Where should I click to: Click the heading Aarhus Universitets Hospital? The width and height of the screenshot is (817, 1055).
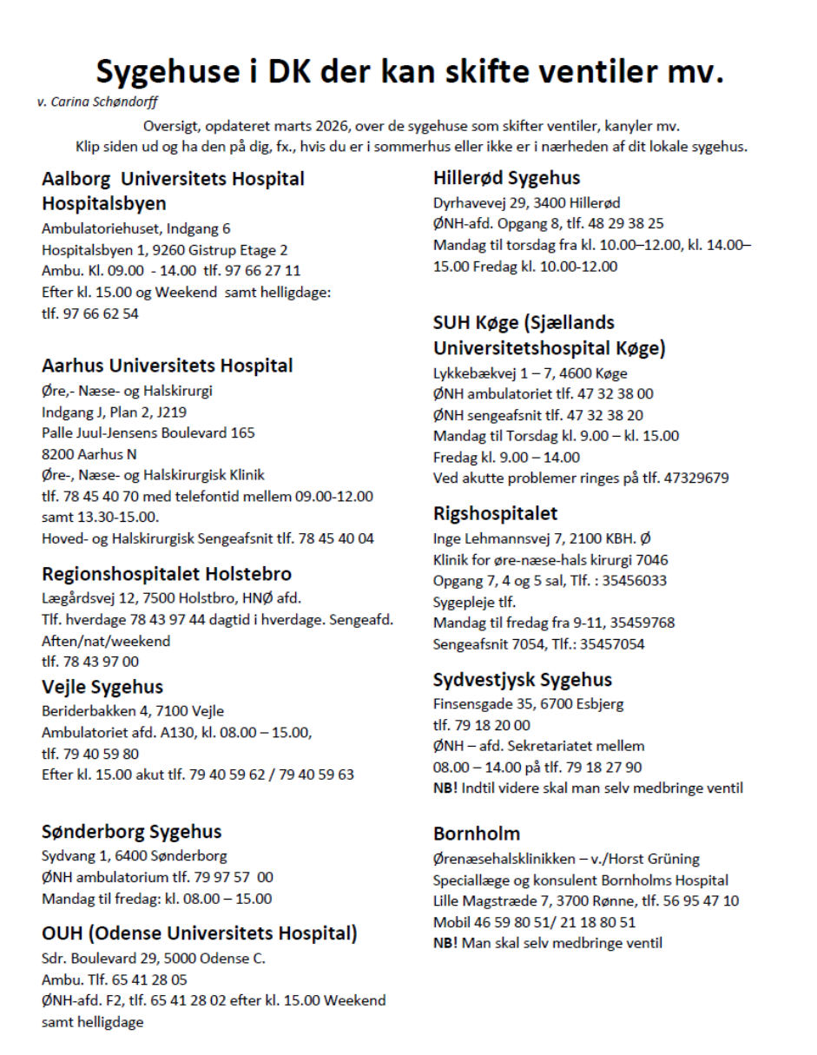167,366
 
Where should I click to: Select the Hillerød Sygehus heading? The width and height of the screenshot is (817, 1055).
506,179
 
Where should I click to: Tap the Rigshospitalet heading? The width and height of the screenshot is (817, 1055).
495,513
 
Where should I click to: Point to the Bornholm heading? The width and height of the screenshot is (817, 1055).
477,834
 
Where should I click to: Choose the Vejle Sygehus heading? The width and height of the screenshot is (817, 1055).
102,688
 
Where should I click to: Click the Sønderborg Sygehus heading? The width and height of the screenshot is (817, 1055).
131,832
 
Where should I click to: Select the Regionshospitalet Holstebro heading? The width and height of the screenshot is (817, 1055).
167,574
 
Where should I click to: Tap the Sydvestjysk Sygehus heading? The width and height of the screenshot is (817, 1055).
522,680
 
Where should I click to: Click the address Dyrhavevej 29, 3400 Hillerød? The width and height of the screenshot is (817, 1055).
526,203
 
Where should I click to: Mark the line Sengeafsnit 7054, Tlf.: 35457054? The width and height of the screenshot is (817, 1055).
538,643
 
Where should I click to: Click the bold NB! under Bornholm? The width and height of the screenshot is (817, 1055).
446,943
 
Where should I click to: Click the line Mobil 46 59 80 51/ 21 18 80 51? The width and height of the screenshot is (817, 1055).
534,922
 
